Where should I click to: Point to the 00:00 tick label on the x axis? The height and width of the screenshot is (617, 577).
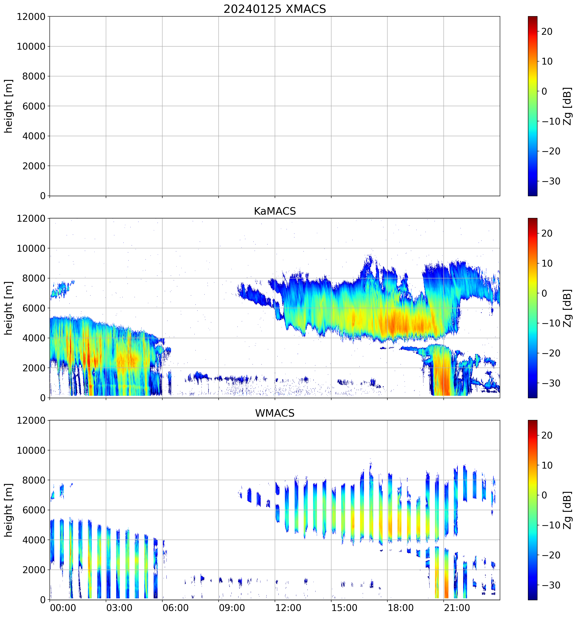(63, 607)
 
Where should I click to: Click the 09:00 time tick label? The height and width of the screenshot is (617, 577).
(232, 607)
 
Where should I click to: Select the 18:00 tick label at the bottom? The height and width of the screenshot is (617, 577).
(400, 607)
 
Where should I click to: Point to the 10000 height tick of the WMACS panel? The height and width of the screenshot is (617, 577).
(31, 450)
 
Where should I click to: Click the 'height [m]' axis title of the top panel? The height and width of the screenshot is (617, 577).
(9, 106)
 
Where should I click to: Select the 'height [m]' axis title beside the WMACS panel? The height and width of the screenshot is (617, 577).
(9, 510)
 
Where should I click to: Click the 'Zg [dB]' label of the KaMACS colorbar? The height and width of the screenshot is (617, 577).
(567, 308)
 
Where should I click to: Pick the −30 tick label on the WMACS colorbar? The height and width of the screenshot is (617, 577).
(551, 585)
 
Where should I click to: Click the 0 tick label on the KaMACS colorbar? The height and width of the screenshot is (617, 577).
(544, 293)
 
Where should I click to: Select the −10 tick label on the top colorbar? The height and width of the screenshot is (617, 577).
(551, 121)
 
